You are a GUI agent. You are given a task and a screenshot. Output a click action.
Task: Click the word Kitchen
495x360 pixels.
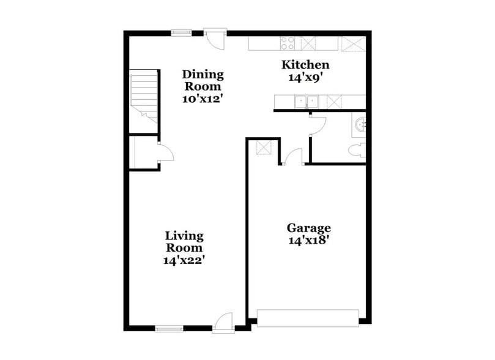coord(305,65)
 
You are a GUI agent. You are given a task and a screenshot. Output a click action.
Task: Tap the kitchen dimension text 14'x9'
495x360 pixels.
coord(305,77)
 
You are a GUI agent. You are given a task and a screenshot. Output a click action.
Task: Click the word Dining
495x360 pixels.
coord(203,75)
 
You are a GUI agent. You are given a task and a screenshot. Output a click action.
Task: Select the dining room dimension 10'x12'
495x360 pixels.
coord(203,98)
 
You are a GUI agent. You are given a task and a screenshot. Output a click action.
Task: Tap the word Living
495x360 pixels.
coord(184,236)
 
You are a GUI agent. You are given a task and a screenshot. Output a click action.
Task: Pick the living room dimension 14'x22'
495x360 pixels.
coord(184,260)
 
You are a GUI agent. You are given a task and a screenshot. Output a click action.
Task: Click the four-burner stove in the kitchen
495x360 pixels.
coord(288,43)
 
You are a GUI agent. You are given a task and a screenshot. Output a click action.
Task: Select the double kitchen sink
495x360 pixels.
coord(306,102)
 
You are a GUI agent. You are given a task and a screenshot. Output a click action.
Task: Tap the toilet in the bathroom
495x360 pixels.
coord(357,151)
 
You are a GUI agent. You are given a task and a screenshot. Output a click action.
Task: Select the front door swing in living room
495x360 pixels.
coord(225,321)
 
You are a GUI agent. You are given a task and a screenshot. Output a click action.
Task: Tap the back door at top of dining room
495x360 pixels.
coord(215,38)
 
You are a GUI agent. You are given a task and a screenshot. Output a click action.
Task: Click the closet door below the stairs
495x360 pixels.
coord(164,152)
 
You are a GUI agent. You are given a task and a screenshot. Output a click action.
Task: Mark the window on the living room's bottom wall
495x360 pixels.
coord(169,329)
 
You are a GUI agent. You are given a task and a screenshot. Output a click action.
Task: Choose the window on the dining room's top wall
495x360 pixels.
coord(181,32)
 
